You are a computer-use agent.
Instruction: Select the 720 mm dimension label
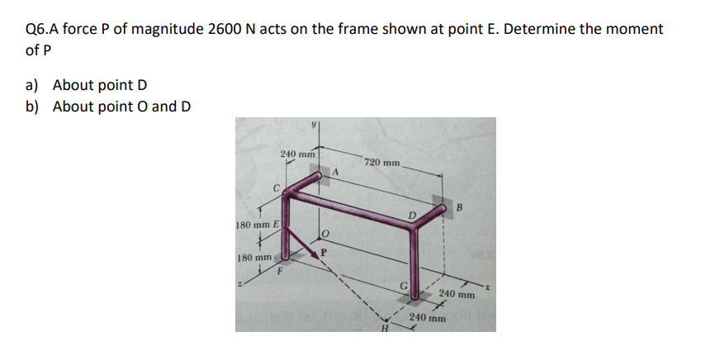(382, 162)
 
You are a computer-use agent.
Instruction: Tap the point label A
(335, 172)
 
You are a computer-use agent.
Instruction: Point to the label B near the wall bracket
(459, 207)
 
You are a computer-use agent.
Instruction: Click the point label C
(276, 187)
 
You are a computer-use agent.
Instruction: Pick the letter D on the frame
(412, 215)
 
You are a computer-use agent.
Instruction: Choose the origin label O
(324, 234)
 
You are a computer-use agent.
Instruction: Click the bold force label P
(324, 251)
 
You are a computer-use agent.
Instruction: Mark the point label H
(386, 327)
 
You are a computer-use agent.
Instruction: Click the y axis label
(314, 124)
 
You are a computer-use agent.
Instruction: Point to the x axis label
(486, 287)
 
